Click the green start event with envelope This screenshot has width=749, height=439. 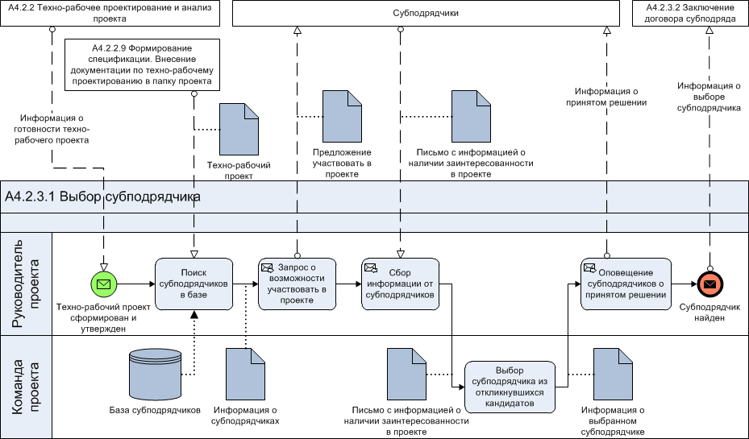[x=104, y=284]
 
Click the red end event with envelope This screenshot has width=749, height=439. [x=709, y=284]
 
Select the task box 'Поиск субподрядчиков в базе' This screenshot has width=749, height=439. [x=194, y=284]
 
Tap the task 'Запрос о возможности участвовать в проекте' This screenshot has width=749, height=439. [x=298, y=284]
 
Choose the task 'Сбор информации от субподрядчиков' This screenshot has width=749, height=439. [x=400, y=284]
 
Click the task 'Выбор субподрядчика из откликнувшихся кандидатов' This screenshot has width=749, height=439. [x=510, y=387]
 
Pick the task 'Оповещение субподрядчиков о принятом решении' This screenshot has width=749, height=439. [x=626, y=284]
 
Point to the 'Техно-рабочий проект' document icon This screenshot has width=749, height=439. [x=239, y=130]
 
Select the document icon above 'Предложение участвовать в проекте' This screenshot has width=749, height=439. [x=342, y=117]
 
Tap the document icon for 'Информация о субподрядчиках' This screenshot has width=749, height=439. [x=245, y=374]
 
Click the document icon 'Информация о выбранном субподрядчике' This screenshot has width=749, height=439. [x=613, y=374]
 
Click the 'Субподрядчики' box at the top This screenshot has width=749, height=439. [x=426, y=14]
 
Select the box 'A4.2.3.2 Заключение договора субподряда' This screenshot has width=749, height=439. [x=690, y=14]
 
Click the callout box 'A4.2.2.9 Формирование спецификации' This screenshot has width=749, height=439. [x=143, y=65]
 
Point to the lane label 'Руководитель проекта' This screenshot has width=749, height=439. [x=26, y=284]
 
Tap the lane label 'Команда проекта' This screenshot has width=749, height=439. [x=26, y=387]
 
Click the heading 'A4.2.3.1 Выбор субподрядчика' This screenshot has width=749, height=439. [x=102, y=197]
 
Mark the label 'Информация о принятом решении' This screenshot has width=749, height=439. [x=606, y=97]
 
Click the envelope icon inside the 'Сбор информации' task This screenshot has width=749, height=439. [x=371, y=268]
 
